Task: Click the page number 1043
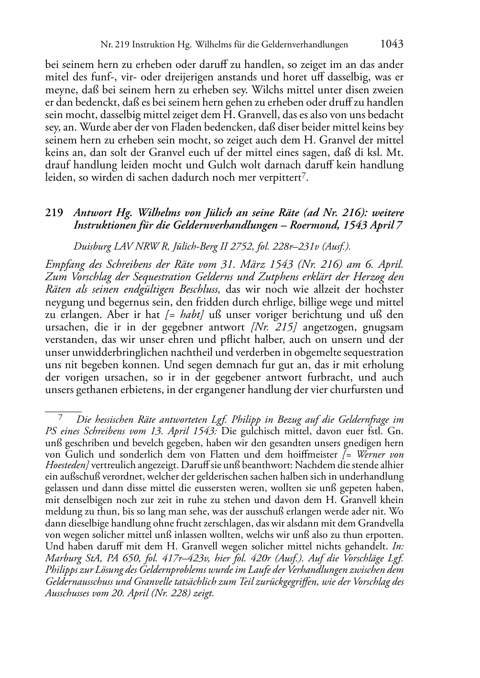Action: (392, 44)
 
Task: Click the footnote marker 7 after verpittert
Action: (304, 176)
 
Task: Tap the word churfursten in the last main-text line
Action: (363, 390)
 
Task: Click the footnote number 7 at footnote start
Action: (60, 417)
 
